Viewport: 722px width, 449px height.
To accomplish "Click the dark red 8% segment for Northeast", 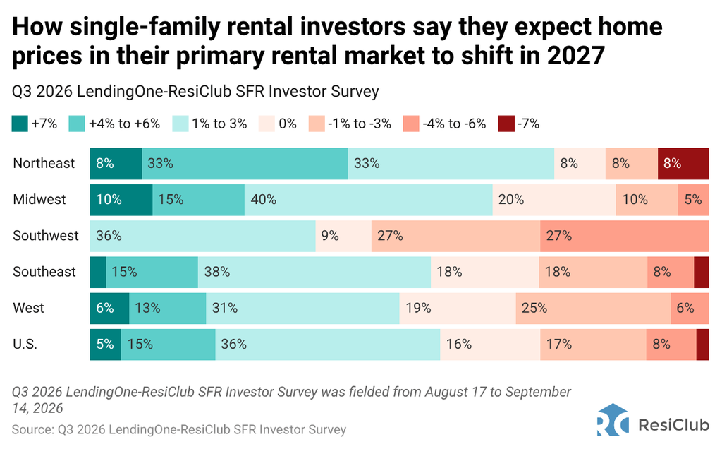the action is click(683, 164).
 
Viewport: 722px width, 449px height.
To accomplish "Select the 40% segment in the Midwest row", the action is click(368, 200).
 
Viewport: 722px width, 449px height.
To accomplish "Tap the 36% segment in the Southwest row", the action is click(202, 236).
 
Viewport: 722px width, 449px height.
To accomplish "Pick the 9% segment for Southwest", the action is click(343, 236).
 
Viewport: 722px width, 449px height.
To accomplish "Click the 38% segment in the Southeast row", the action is click(314, 272).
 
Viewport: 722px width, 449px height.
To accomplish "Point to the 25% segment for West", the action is click(593, 309).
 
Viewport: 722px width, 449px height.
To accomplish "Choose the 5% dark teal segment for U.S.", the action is click(106, 345).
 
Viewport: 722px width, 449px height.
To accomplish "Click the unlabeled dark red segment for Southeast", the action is click(702, 272).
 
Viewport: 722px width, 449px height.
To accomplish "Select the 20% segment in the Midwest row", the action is click(554, 200).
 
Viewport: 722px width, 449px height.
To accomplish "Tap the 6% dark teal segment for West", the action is click(109, 309).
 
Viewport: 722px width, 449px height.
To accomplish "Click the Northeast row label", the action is click(44, 163).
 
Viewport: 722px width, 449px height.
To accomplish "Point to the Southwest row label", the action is click(46, 236).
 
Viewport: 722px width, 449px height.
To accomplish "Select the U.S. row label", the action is click(25, 345).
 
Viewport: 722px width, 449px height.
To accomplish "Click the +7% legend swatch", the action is click(20, 124).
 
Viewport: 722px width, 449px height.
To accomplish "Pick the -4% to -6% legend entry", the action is click(444, 124).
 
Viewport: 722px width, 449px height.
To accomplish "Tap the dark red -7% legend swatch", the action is click(506, 124).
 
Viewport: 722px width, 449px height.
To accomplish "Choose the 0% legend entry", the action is click(278, 124).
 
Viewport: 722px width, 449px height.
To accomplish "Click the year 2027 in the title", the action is click(575, 56).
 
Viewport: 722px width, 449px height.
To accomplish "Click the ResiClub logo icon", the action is click(613, 420).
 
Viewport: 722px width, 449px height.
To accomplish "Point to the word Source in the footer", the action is click(32, 430).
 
